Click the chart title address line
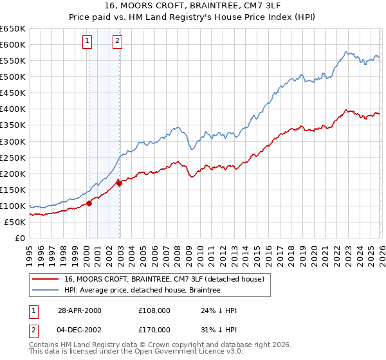pyautogui.click(x=193, y=6)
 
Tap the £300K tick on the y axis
pyautogui.click(x=13, y=141)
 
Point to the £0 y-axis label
pyautogui.click(x=20, y=239)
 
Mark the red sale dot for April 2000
pyautogui.click(x=89, y=203)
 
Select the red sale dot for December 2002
pyautogui.click(x=119, y=183)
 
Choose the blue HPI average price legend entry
pyautogui.click(x=142, y=291)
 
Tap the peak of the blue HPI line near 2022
pyautogui.click(x=345, y=51)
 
